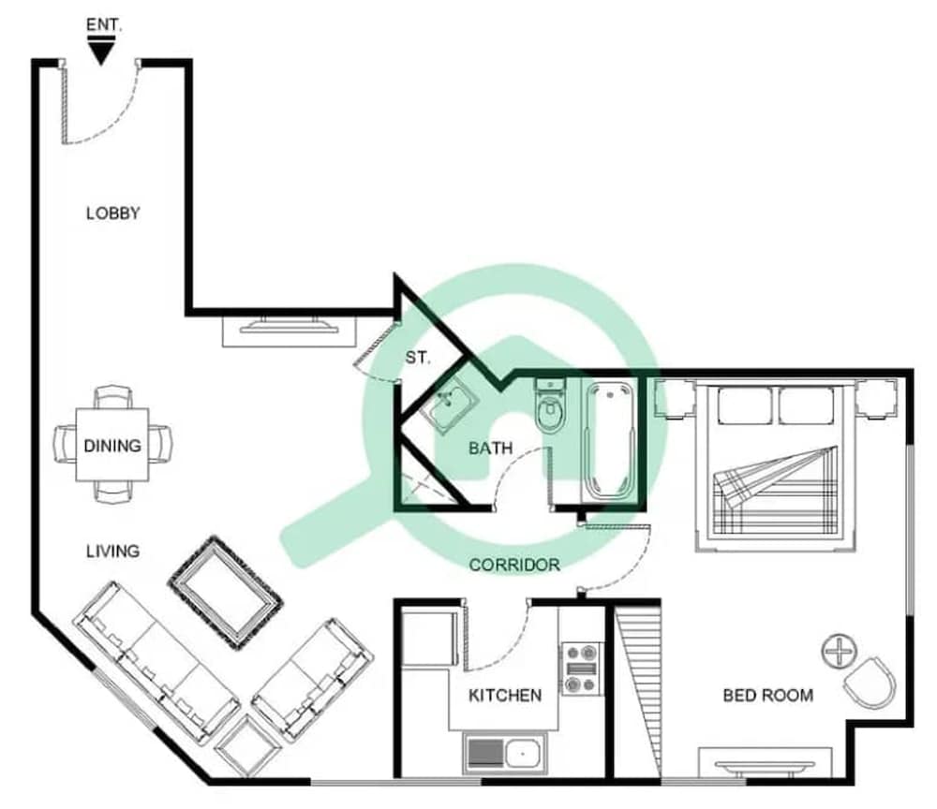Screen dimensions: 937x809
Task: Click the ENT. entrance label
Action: (x=104, y=24)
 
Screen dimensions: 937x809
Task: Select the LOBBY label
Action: (x=113, y=213)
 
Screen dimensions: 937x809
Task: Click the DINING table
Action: (x=112, y=445)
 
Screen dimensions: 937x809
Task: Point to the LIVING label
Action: (x=113, y=552)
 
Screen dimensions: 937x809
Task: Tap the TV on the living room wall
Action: (x=290, y=326)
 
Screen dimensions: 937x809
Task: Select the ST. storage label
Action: (x=417, y=358)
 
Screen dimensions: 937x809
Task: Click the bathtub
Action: (x=609, y=441)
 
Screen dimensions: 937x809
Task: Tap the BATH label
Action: (x=490, y=448)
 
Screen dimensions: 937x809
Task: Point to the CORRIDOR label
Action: (x=514, y=565)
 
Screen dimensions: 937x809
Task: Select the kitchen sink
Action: (x=504, y=754)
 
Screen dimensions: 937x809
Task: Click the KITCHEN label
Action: (x=505, y=695)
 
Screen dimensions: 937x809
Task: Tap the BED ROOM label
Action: (x=768, y=695)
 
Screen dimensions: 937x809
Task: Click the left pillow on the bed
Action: (x=745, y=406)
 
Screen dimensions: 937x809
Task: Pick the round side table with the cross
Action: (x=839, y=651)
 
